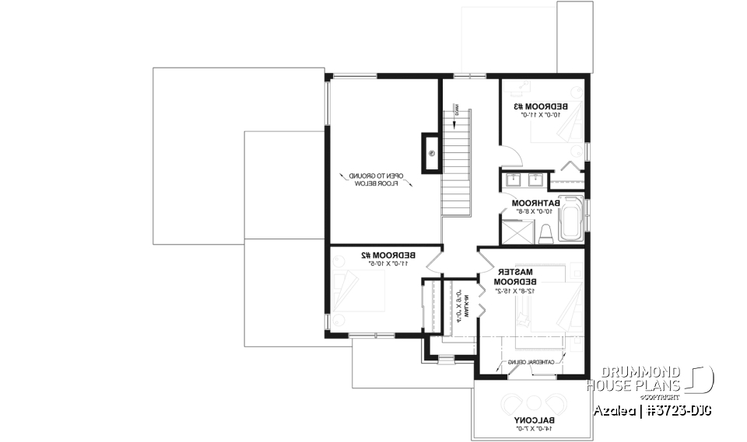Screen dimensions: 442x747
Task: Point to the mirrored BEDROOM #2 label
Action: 387,255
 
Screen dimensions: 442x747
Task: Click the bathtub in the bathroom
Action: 570,216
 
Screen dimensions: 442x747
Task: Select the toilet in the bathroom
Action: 546,231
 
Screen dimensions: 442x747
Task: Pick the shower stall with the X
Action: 514,231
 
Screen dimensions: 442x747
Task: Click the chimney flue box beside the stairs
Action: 430,152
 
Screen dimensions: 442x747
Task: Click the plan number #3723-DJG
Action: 679,409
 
